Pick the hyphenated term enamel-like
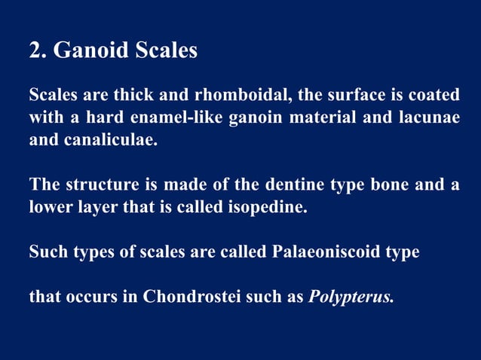click(x=167, y=118)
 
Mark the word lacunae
click(x=430, y=118)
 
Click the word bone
click(x=376, y=185)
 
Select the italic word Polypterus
click(x=351, y=296)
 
